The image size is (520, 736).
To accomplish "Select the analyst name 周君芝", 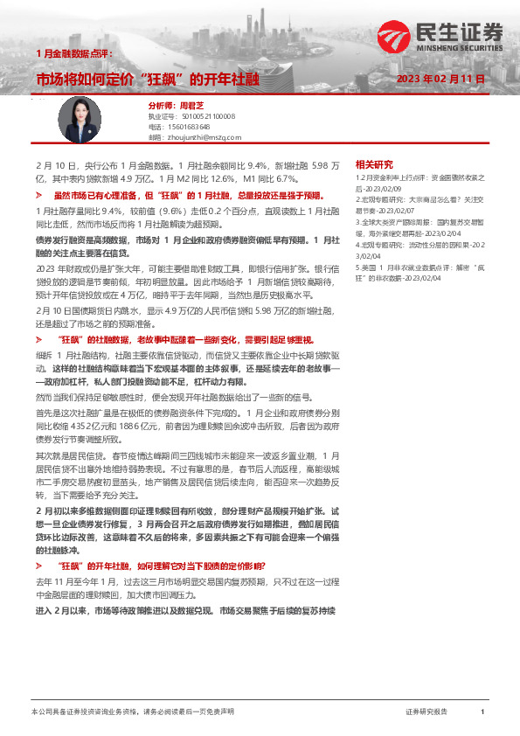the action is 191,103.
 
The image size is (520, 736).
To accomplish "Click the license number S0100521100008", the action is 202,115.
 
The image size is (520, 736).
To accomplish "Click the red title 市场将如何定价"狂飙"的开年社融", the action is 148,80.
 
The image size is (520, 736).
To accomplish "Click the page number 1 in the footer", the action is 482,712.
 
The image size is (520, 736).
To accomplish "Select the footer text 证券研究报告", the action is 426,712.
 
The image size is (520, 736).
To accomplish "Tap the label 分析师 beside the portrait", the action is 159,103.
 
